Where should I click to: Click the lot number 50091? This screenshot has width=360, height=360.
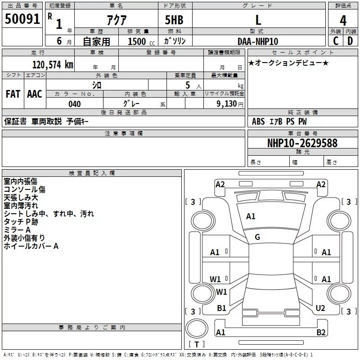pyautogui.click(x=22, y=19)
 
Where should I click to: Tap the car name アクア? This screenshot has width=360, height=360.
pyautogui.click(x=117, y=20)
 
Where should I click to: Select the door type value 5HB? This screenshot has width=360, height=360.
pyautogui.click(x=174, y=20)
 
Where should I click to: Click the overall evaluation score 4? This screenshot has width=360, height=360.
pyautogui.click(x=343, y=21)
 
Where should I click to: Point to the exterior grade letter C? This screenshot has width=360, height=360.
pyautogui.click(x=336, y=41)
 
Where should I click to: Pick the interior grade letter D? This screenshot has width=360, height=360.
pyautogui.click(x=350, y=41)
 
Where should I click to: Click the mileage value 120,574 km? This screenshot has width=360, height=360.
pyautogui.click(x=53, y=65)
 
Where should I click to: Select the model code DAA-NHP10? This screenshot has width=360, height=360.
pyautogui.click(x=258, y=41)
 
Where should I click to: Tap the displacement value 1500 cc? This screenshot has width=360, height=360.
pyautogui.click(x=141, y=41)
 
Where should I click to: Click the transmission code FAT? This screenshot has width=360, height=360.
pyautogui.click(x=13, y=94)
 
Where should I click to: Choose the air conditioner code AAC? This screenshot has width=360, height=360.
pyautogui.click(x=35, y=94)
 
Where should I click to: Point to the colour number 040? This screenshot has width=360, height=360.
pyautogui.click(x=74, y=104)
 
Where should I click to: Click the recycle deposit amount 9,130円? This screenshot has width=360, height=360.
pyautogui.click(x=230, y=104)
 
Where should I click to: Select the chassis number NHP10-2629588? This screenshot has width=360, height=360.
pyautogui.click(x=302, y=143)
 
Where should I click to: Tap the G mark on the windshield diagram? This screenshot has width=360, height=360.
pyautogui.click(x=257, y=237)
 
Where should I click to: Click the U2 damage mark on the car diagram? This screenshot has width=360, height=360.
pyautogui.click(x=320, y=308)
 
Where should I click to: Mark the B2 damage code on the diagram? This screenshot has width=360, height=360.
pyautogui.click(x=321, y=332)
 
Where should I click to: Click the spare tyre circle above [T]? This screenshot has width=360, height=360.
pyautogui.click(x=197, y=328)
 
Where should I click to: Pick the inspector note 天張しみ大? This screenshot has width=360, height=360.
pyautogui.click(x=21, y=198)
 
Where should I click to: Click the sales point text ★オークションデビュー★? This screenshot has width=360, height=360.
pyautogui.click(x=288, y=63)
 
